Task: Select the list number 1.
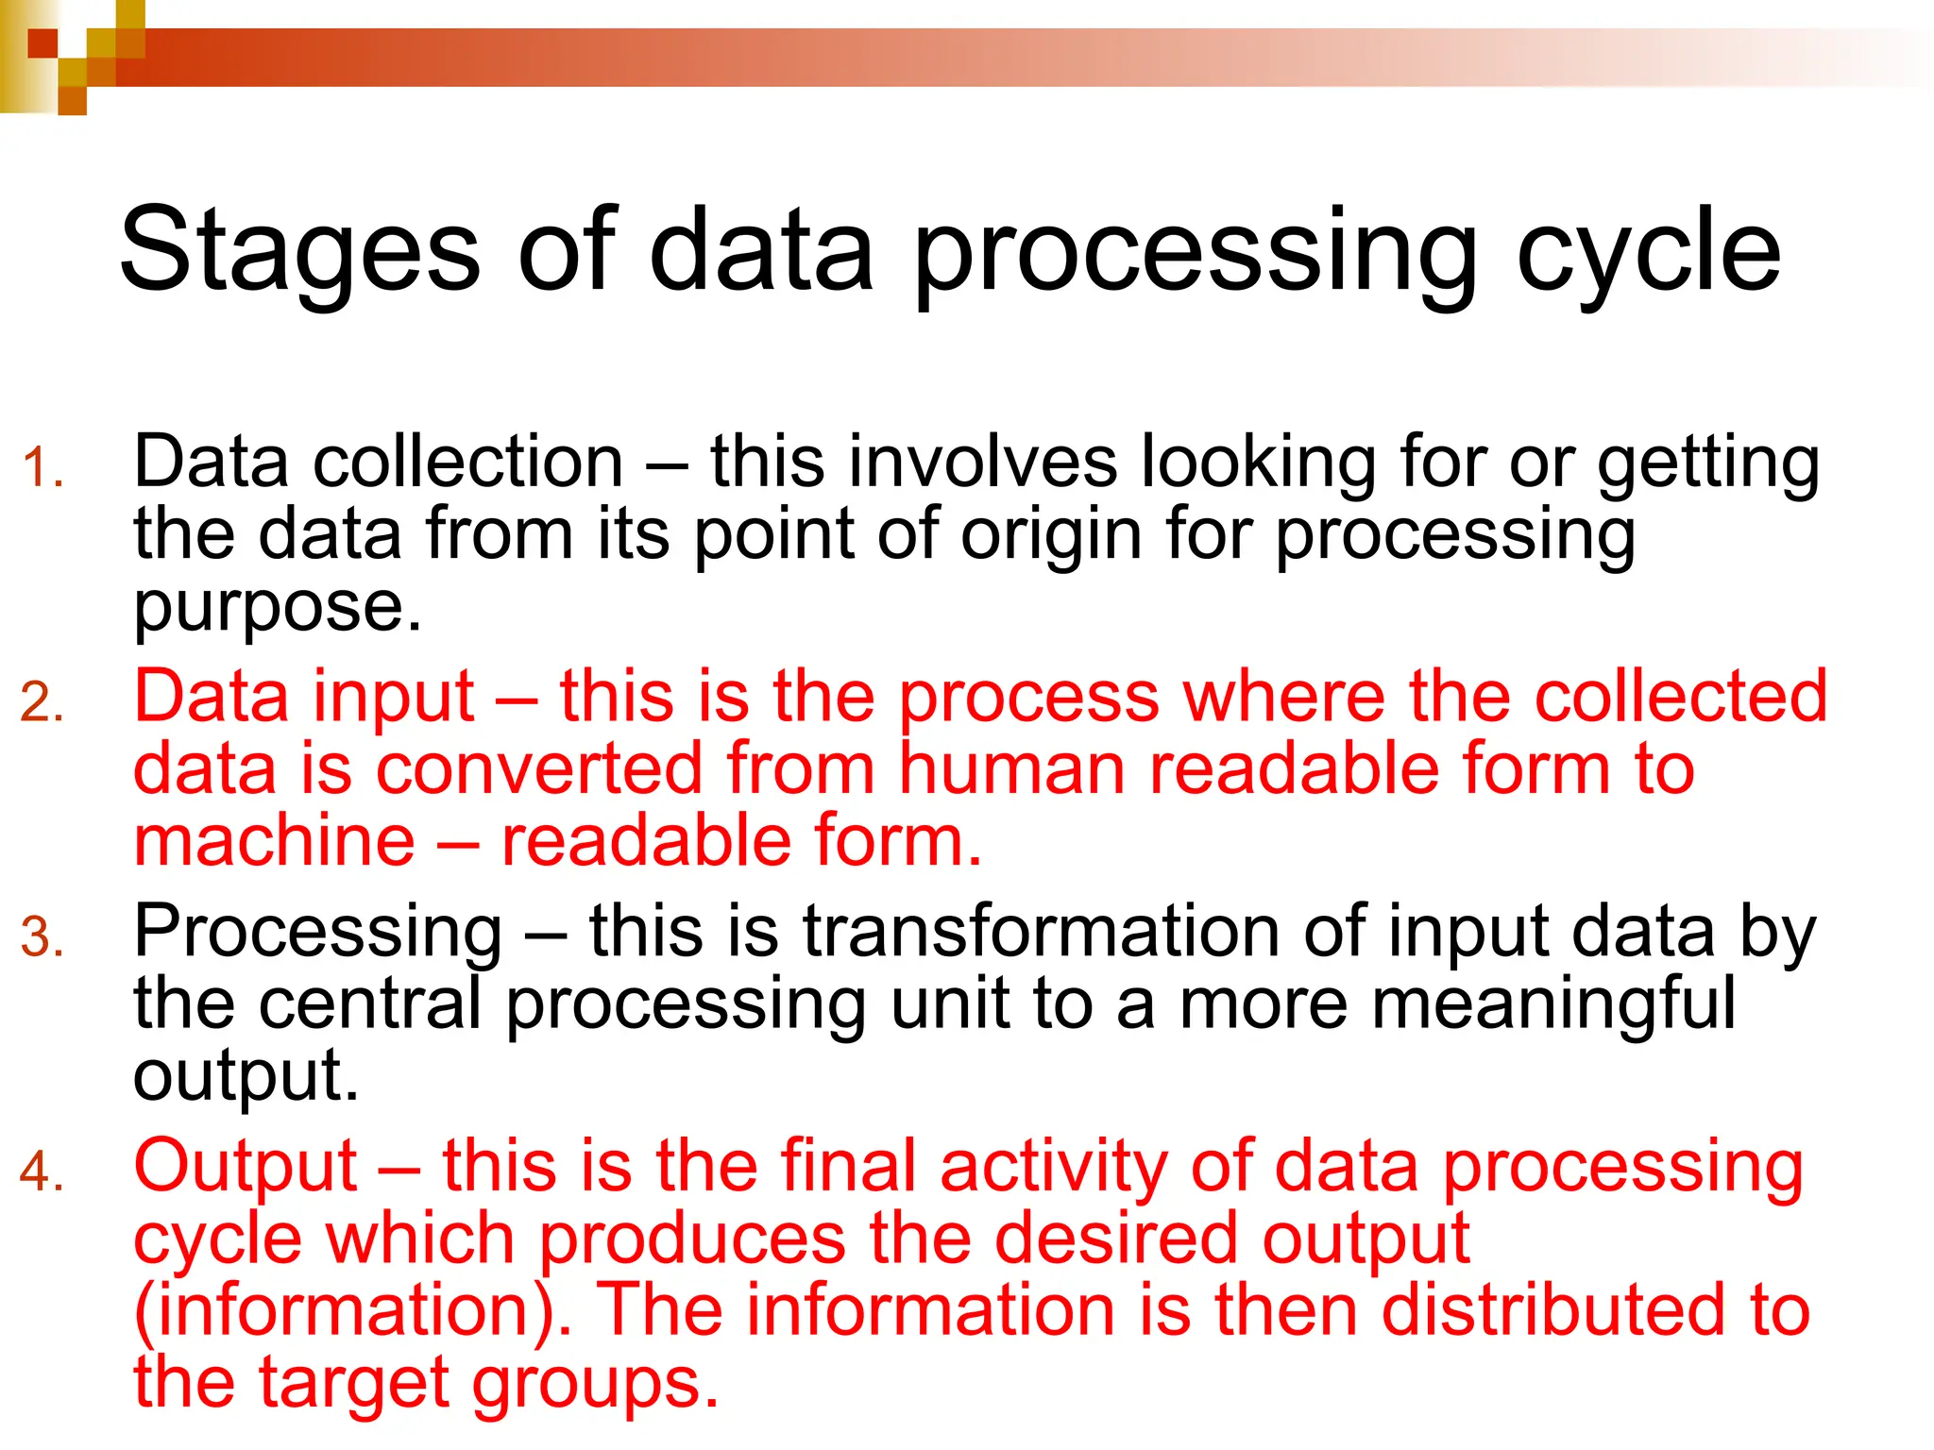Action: pos(43,468)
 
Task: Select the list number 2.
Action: pos(43,703)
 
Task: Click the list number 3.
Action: pos(43,938)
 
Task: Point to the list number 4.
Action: pos(43,1172)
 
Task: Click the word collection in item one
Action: pos(468,463)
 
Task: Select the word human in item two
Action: pos(1011,768)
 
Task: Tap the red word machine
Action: pos(274,840)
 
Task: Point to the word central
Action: pos(370,1003)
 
